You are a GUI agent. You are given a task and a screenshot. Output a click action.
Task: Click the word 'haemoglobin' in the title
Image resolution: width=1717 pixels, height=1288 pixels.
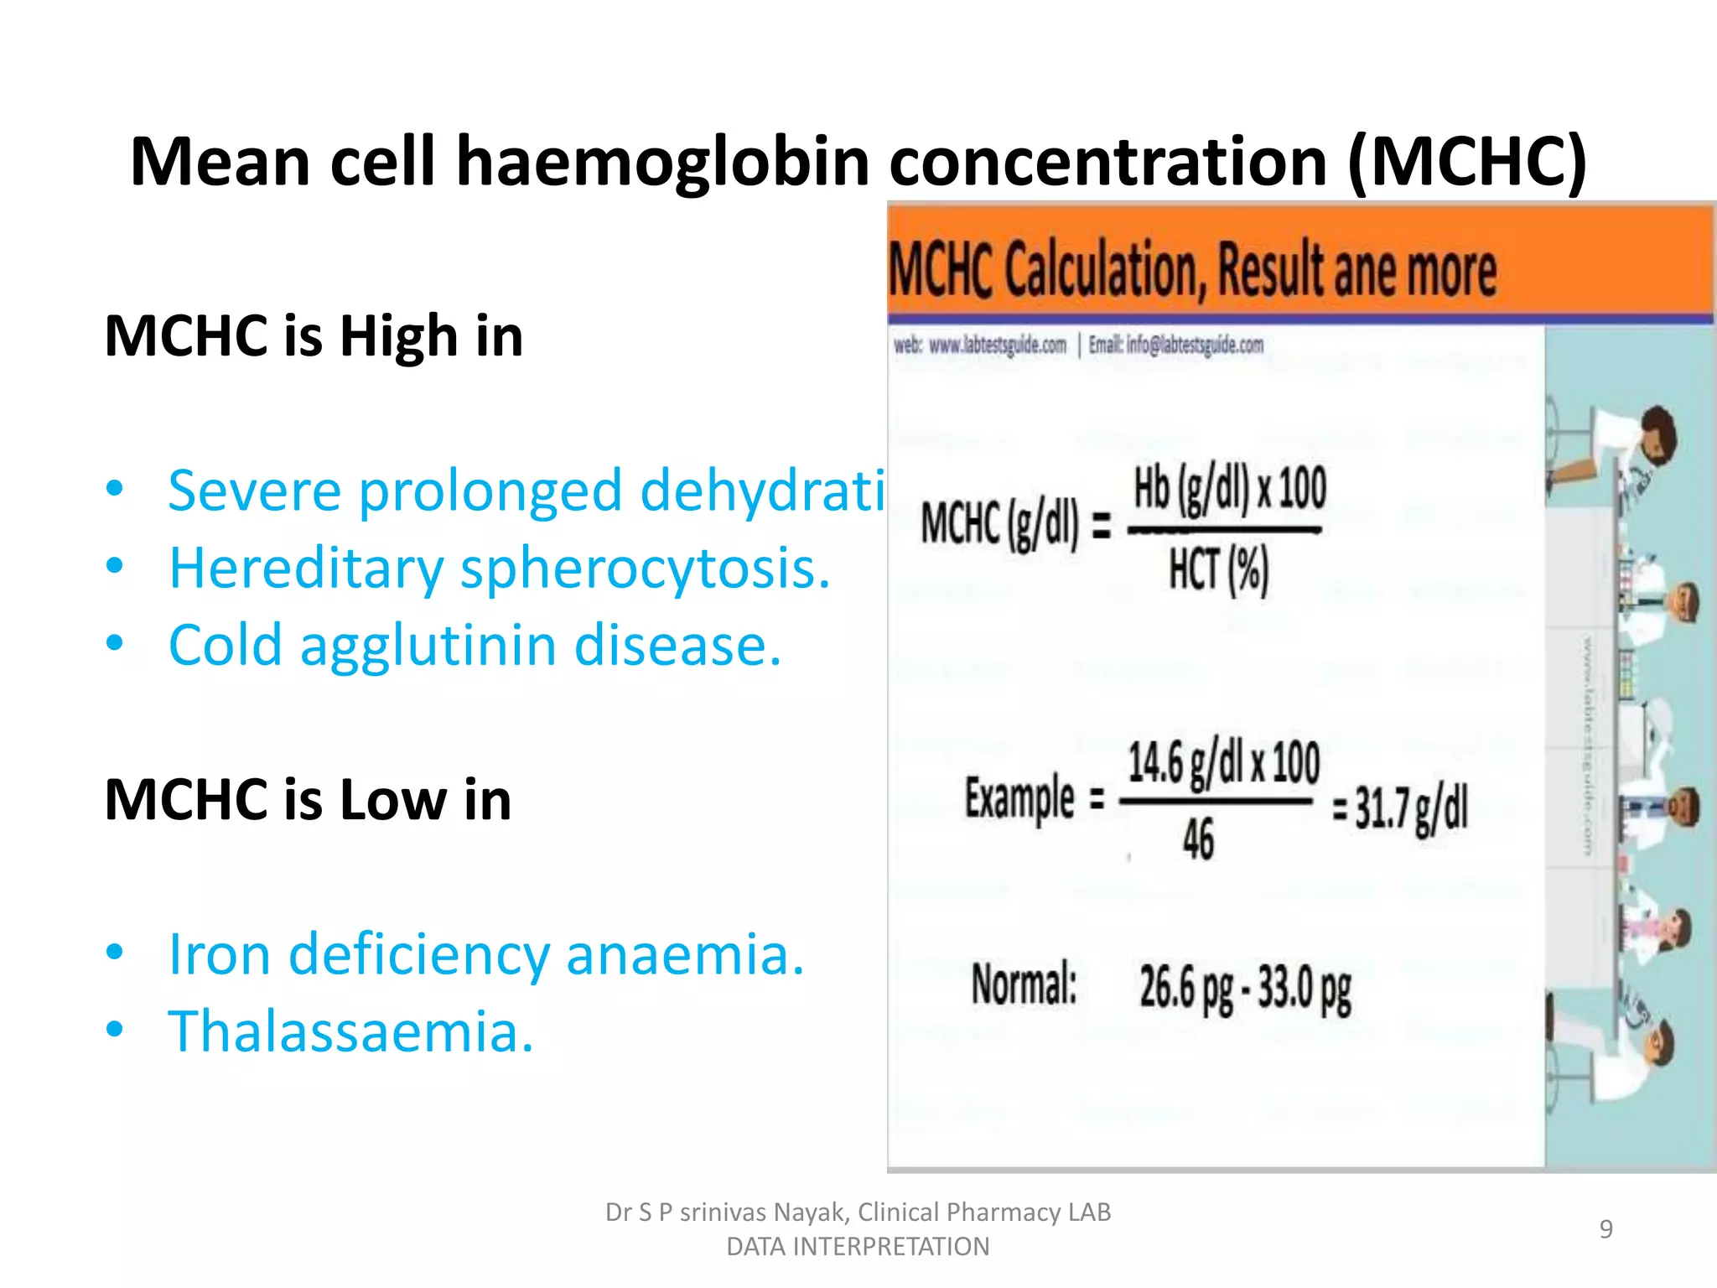pos(662,162)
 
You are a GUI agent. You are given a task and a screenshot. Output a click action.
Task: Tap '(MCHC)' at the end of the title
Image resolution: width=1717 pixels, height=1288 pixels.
pos(1467,162)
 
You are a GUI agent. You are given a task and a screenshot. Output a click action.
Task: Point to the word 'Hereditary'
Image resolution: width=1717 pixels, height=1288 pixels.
pos(306,569)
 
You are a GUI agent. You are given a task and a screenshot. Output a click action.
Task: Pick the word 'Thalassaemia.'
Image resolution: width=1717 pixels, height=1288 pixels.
pos(350,1031)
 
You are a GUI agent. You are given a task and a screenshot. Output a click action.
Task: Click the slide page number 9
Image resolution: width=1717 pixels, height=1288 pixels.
pos(1605,1229)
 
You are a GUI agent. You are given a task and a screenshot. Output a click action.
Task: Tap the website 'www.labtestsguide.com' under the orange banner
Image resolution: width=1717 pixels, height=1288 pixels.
pos(998,345)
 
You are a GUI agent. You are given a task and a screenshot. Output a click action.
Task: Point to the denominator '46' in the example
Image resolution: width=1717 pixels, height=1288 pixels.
pos(1198,839)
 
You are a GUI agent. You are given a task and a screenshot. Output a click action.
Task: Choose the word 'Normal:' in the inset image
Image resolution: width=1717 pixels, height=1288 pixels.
pos(1024,984)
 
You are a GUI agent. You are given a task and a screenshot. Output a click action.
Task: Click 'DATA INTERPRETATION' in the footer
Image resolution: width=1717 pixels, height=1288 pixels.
pos(858,1247)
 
